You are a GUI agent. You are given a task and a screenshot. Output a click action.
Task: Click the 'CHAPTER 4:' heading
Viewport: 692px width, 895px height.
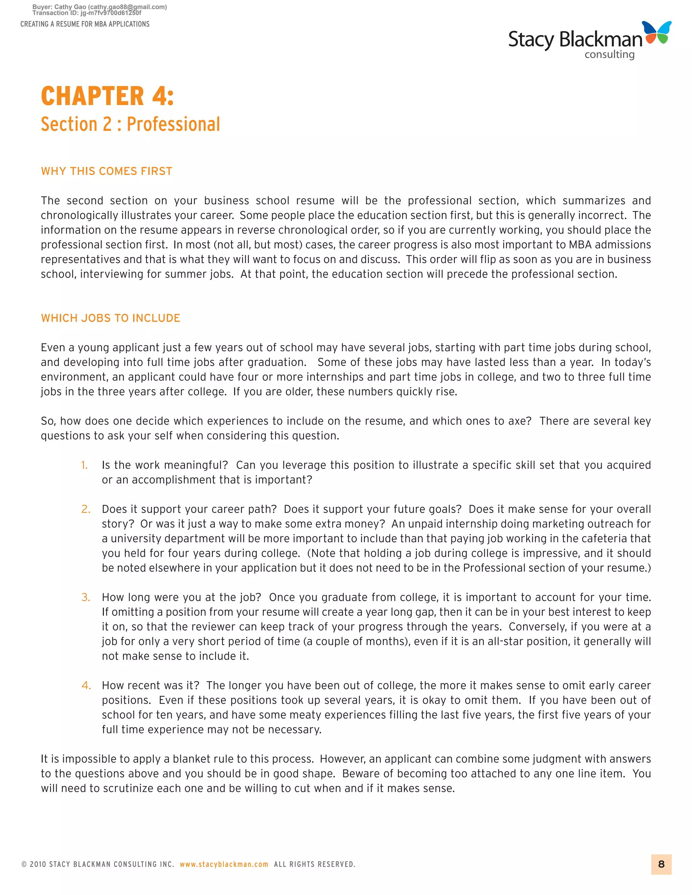[107, 96]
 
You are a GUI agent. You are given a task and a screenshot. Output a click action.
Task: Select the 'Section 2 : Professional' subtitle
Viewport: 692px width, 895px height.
[130, 124]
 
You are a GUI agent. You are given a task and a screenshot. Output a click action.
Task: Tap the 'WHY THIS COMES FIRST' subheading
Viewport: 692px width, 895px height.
[106, 171]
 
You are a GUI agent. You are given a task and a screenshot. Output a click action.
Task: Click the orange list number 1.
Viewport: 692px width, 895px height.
[84, 465]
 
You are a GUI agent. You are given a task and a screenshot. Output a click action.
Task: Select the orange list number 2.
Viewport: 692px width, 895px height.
[86, 509]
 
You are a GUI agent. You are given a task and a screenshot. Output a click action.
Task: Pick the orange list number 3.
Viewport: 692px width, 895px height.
[86, 597]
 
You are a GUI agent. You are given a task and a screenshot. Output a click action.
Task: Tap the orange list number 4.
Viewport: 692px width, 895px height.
[86, 685]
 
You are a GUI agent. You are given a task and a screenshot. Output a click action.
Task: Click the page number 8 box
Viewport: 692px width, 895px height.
[661, 864]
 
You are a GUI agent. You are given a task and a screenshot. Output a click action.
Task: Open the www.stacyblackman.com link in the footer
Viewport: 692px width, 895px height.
[224, 864]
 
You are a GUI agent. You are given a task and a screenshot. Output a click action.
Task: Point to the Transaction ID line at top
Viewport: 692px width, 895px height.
[87, 13]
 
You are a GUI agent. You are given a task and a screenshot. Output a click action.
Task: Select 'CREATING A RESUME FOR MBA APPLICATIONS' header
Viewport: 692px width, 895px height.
[85, 24]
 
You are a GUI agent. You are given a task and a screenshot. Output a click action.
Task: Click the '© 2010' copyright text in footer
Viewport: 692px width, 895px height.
[34, 864]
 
